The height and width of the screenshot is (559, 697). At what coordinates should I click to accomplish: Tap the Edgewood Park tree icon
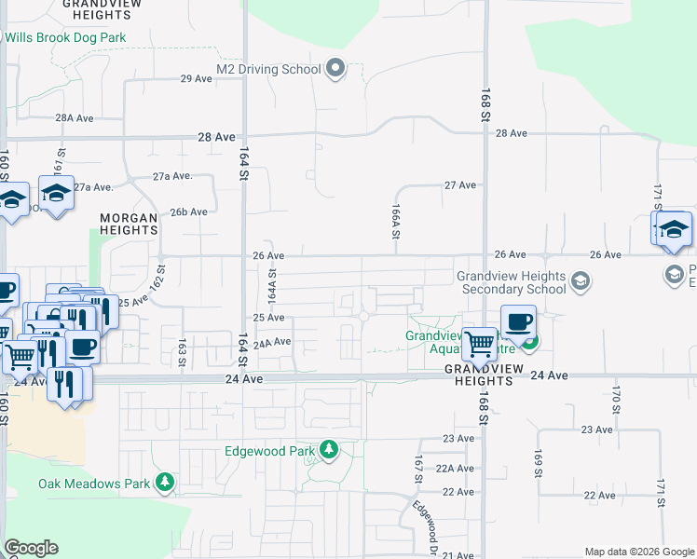pyautogui.click(x=328, y=451)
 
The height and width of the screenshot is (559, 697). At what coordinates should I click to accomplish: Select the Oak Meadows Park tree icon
pyautogui.click(x=165, y=483)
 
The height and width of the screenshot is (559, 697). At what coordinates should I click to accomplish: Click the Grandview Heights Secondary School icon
pyautogui.click(x=580, y=281)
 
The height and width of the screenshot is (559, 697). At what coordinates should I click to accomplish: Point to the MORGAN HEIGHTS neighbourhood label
pyautogui.click(x=128, y=224)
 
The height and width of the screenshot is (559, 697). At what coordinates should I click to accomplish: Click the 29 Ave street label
pyautogui.click(x=197, y=78)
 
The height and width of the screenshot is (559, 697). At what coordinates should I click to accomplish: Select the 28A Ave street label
pyautogui.click(x=75, y=118)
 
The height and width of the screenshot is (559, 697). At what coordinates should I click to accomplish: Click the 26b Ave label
pyautogui.click(x=188, y=211)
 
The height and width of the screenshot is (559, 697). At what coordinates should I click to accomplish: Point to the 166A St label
pyautogui.click(x=395, y=224)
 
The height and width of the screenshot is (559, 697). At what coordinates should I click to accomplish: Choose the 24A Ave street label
pyautogui.click(x=272, y=342)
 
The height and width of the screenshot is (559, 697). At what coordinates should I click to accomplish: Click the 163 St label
pyautogui.click(x=182, y=350)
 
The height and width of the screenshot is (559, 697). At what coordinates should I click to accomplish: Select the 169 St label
pyautogui.click(x=539, y=464)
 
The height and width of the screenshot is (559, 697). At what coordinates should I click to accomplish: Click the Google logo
pyautogui.click(x=31, y=548)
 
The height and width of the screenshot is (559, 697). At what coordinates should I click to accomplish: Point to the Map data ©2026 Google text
pyautogui.click(x=638, y=552)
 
